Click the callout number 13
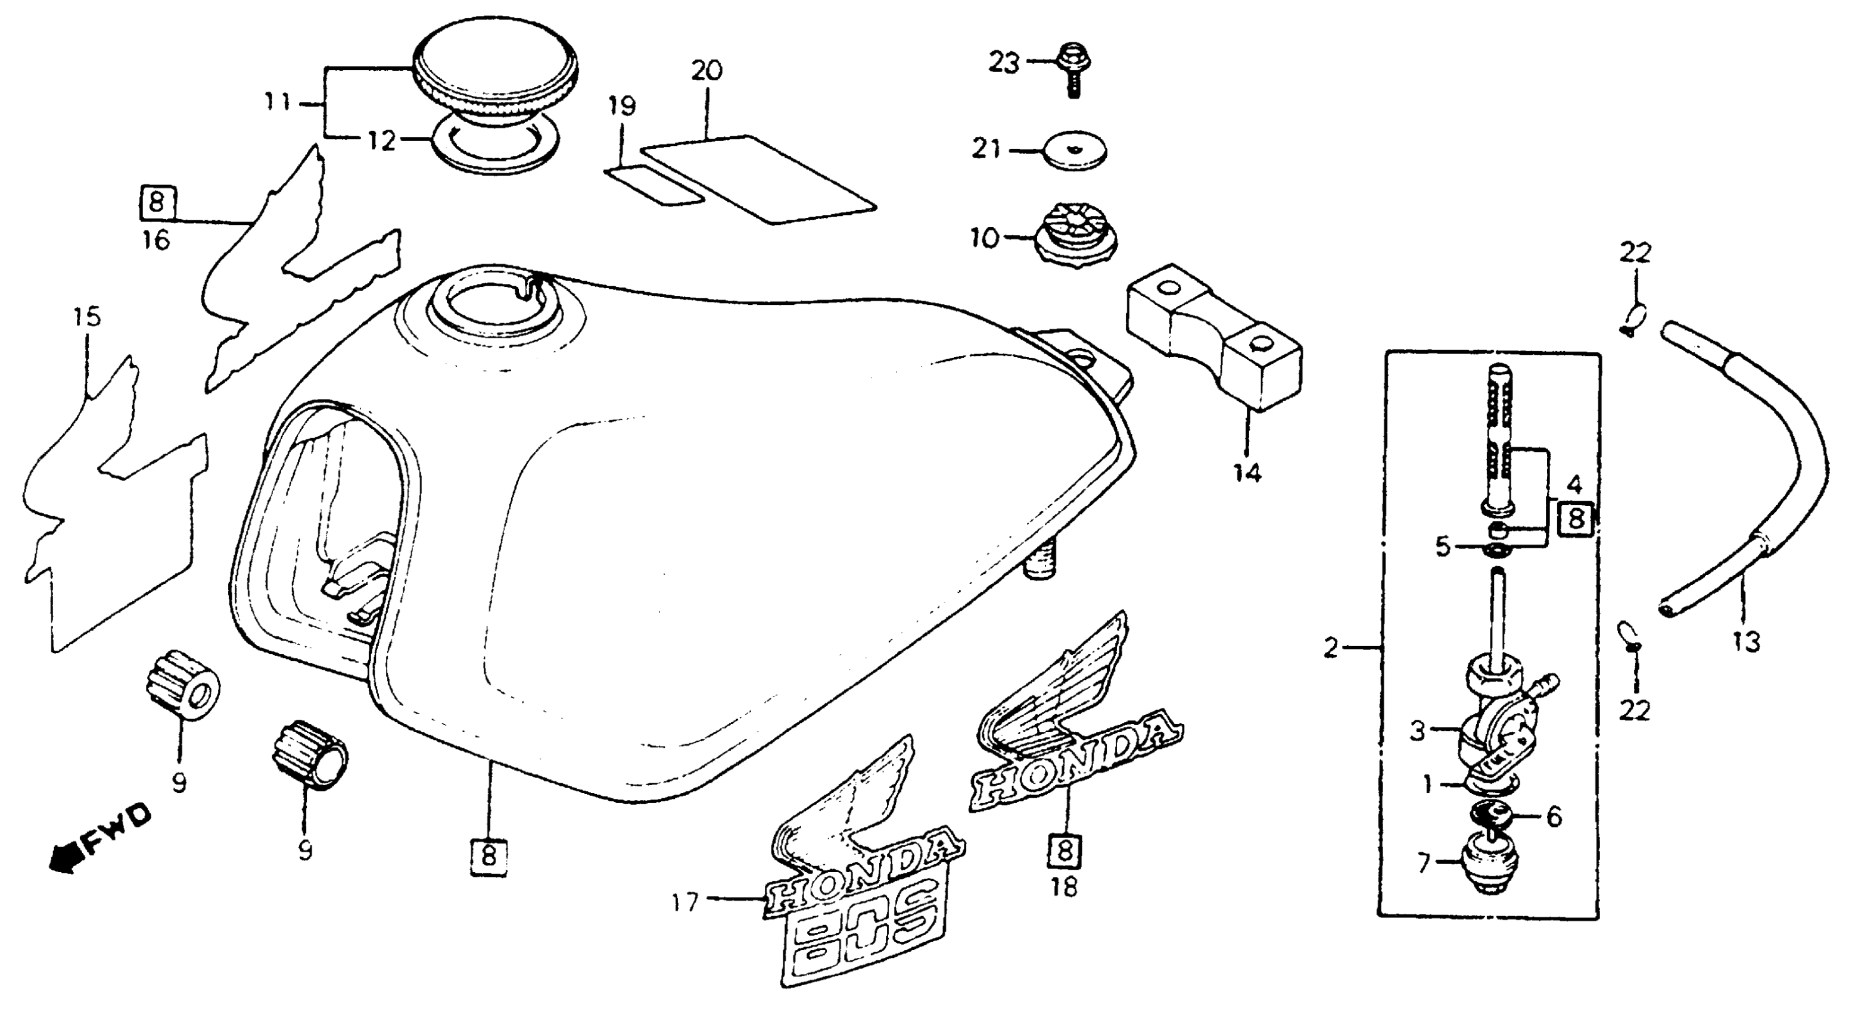pyautogui.click(x=1745, y=640)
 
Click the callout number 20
pyautogui.click(x=706, y=70)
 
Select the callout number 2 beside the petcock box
pyautogui.click(x=1330, y=648)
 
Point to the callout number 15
pyautogui.click(x=87, y=317)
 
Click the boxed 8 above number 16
pyautogui.click(x=157, y=202)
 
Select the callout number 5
pyautogui.click(x=1442, y=547)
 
